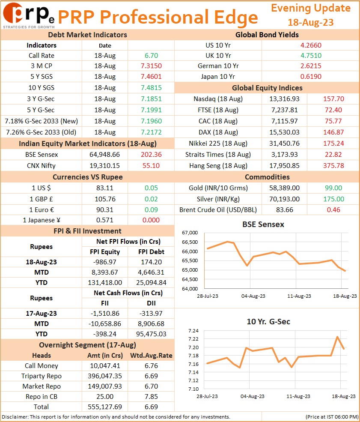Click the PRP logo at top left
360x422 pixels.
pos(29,15)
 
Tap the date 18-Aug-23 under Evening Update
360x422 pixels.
pos(310,22)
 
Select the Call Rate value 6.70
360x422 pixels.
pos(152,56)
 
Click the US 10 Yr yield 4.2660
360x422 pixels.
pos(311,45)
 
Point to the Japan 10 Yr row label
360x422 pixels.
pos(218,77)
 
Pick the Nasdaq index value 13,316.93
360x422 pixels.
pos(285,99)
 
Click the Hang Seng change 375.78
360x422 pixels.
pos(333,166)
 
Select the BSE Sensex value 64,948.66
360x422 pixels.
pos(104,155)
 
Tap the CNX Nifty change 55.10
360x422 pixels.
pos(151,166)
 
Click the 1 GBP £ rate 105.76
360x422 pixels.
pos(105,199)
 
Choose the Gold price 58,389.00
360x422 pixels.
pos(285,188)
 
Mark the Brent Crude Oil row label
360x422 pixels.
pos(218,210)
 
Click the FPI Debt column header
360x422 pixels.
pos(152,252)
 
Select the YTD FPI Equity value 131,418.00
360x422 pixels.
pos(105,283)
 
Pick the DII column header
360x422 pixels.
pos(152,303)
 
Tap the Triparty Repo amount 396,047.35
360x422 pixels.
pos(105,376)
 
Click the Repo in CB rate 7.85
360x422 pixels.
pos(152,397)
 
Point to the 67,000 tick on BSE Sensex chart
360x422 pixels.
pos(190,233)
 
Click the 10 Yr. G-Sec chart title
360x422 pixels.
pos(268,322)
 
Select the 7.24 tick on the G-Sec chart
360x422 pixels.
pos(193,331)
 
